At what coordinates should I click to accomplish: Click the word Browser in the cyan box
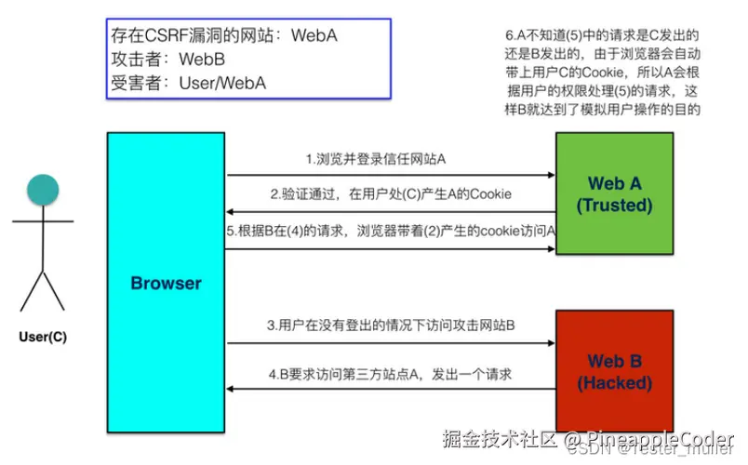167,283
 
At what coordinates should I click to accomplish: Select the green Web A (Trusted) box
613,193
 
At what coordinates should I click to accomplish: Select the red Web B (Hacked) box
613,371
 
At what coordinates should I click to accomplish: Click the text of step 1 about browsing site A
376,159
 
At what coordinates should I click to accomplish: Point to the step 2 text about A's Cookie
391,195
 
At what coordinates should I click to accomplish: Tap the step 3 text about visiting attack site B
391,326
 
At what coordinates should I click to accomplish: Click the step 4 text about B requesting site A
391,375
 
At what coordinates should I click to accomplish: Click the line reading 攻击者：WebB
167,60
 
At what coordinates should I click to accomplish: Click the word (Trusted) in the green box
614,206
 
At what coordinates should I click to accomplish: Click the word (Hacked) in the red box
614,382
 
